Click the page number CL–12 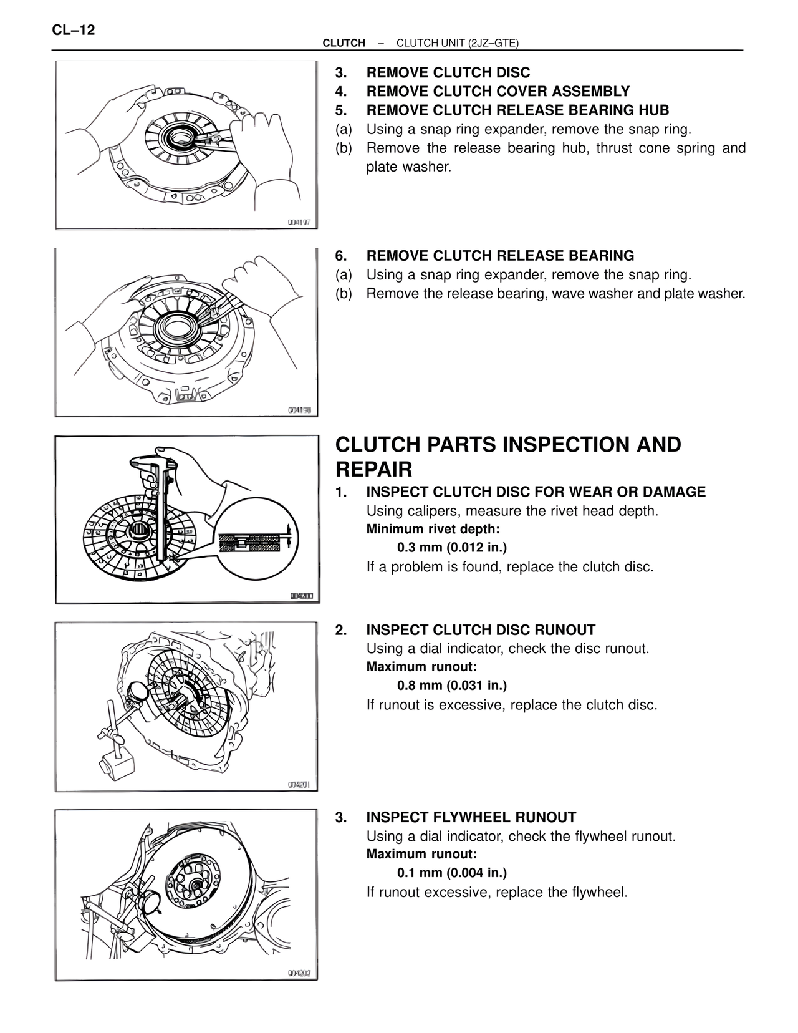point(74,29)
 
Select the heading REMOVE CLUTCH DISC point(448,73)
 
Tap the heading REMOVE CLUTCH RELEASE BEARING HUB point(517,110)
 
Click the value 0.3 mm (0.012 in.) point(452,548)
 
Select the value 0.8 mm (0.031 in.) point(452,686)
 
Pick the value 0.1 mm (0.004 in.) point(452,873)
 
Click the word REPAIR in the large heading point(373,469)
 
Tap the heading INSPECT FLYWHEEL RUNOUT point(471,817)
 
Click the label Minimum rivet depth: point(433,530)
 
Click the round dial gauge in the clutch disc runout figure point(138,693)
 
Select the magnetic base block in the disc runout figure point(115,767)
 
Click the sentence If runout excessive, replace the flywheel point(496,892)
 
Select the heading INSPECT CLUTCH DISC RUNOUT point(480,630)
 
